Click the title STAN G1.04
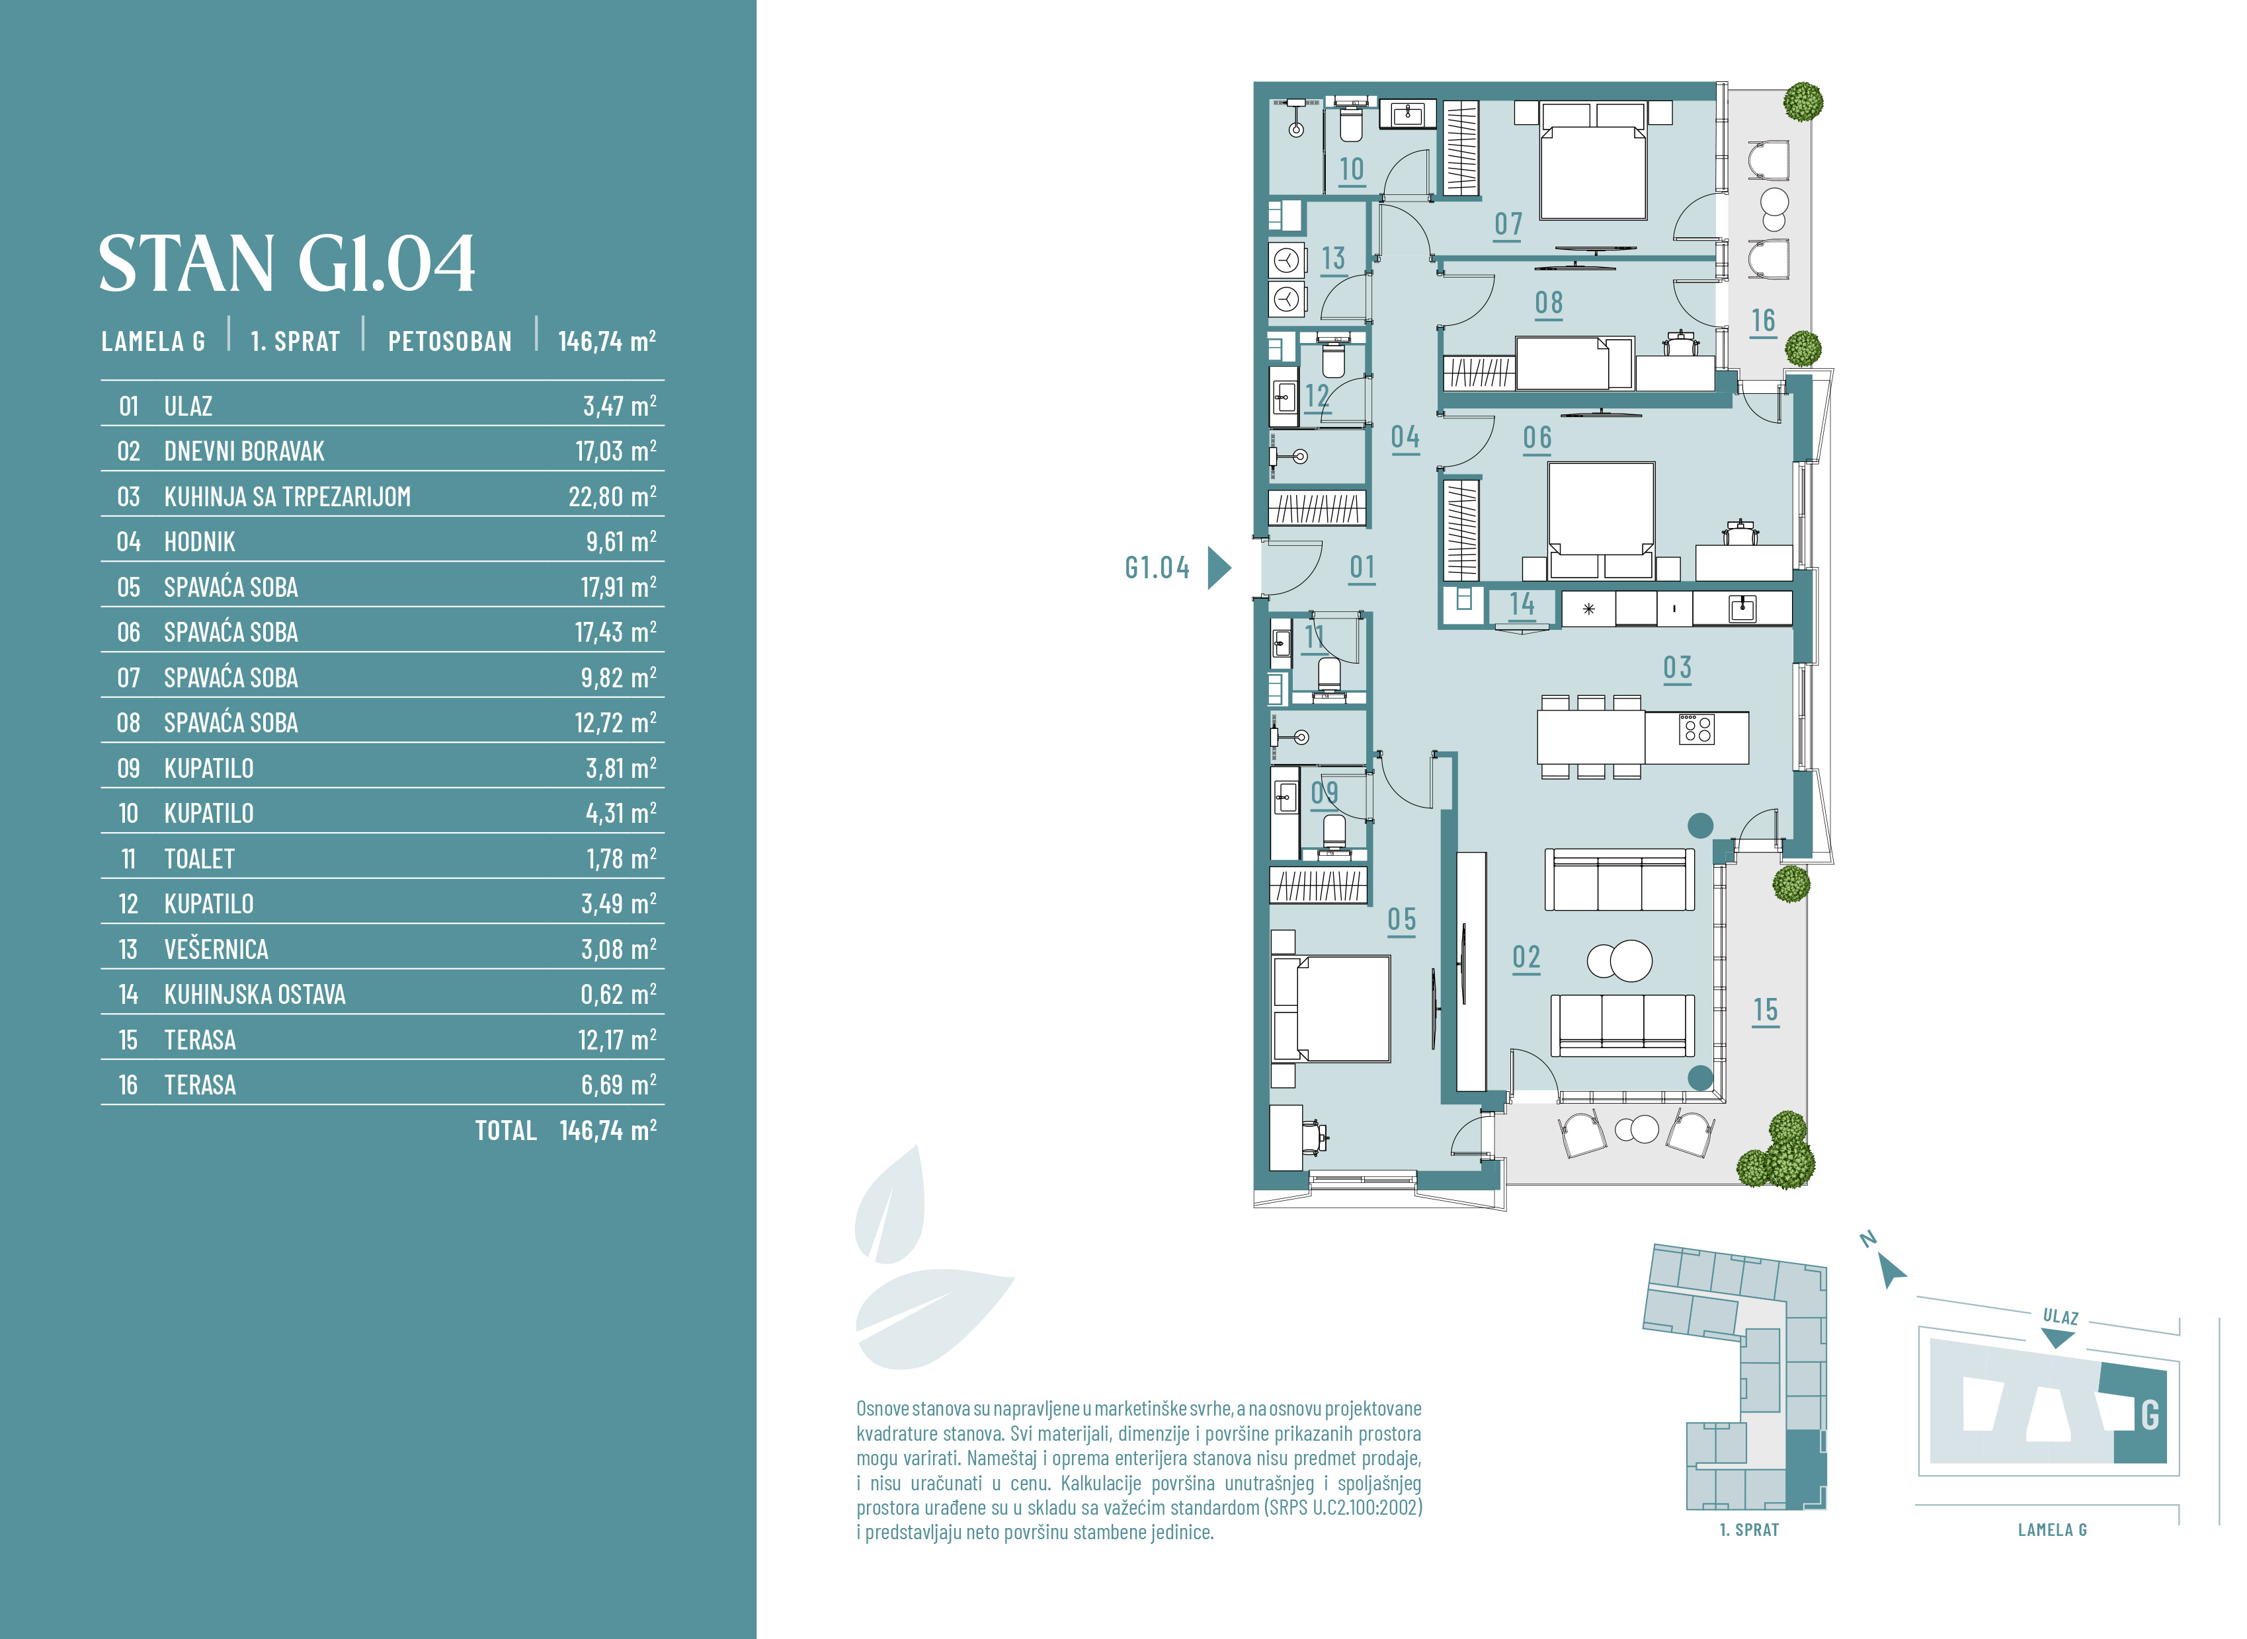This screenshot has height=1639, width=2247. coord(287,264)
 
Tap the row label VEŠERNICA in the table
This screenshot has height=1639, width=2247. coord(216,950)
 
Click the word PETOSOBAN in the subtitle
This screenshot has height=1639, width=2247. coord(450,341)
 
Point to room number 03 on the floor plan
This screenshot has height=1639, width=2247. coord(1677,667)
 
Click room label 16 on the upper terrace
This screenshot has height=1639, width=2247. coord(1763,321)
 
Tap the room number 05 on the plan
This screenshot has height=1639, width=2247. coord(1401,920)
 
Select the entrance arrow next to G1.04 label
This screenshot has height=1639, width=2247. coord(1219,568)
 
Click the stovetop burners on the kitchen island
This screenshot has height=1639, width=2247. coord(1696,729)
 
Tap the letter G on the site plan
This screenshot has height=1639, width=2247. coord(2150,1415)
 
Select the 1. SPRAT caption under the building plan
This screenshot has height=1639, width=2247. coord(1749,1530)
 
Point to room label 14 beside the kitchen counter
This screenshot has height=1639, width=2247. coord(1522,603)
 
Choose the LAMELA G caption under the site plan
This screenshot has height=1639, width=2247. coord(2053,1530)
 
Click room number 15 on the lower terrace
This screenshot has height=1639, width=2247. coord(1765,1011)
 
